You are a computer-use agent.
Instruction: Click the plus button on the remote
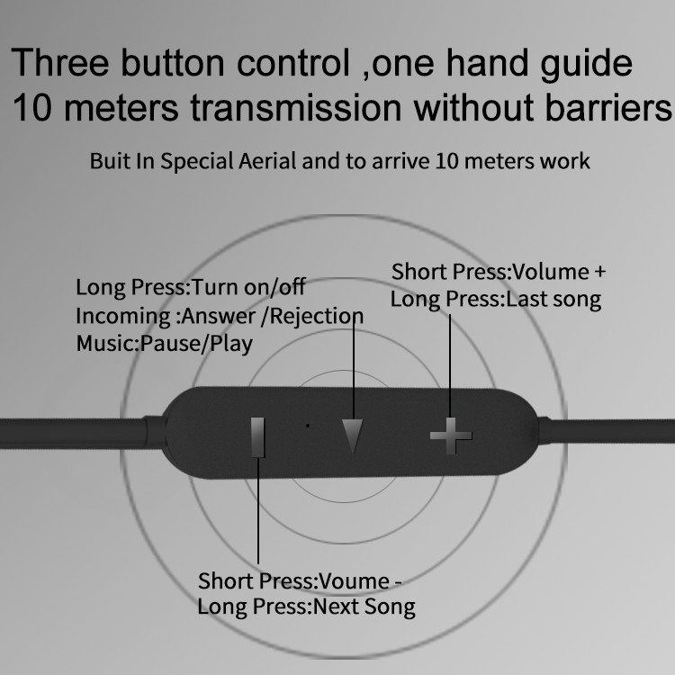[x=451, y=436]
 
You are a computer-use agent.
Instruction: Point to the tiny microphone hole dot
[x=308, y=426]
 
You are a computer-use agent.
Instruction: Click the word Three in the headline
[x=59, y=63]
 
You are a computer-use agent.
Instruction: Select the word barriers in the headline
[x=607, y=108]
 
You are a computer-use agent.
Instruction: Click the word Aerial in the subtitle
[x=267, y=161]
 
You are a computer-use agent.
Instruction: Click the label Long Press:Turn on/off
[x=191, y=287]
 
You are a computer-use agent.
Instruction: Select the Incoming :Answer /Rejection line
[x=220, y=317]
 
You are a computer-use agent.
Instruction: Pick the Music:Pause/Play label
[x=165, y=344]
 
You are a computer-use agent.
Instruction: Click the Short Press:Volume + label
[x=499, y=272]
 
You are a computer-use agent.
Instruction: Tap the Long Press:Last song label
[x=496, y=300]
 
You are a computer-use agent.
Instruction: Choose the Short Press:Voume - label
[x=300, y=581]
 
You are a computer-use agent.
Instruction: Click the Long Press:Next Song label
[x=307, y=607]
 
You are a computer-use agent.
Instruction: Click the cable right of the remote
[x=606, y=431]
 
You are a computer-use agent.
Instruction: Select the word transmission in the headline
[x=296, y=108]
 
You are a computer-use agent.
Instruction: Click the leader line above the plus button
[x=450, y=366]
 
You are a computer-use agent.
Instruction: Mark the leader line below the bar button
[x=258, y=510]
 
